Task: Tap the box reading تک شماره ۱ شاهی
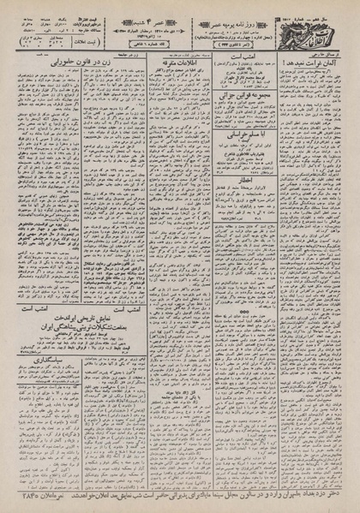pos(171,45)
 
